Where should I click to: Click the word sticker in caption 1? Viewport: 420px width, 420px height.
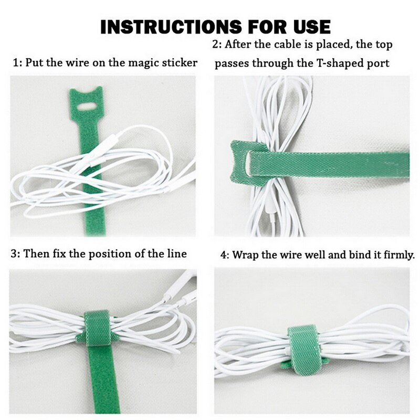click(178, 63)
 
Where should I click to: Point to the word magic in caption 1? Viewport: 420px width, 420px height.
click(139, 63)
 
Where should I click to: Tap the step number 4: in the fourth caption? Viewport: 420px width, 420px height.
click(225, 256)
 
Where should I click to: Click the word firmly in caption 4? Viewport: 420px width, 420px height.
click(399, 256)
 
